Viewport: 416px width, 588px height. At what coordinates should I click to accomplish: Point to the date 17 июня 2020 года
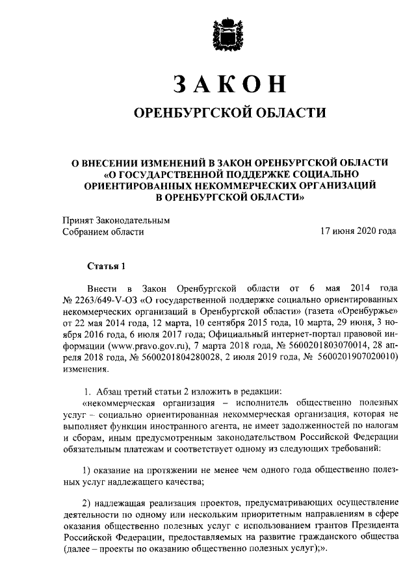click(359, 231)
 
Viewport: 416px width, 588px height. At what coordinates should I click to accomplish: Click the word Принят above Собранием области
click(79, 220)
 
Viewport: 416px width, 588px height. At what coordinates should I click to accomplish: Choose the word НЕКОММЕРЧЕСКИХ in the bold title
click(223, 185)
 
